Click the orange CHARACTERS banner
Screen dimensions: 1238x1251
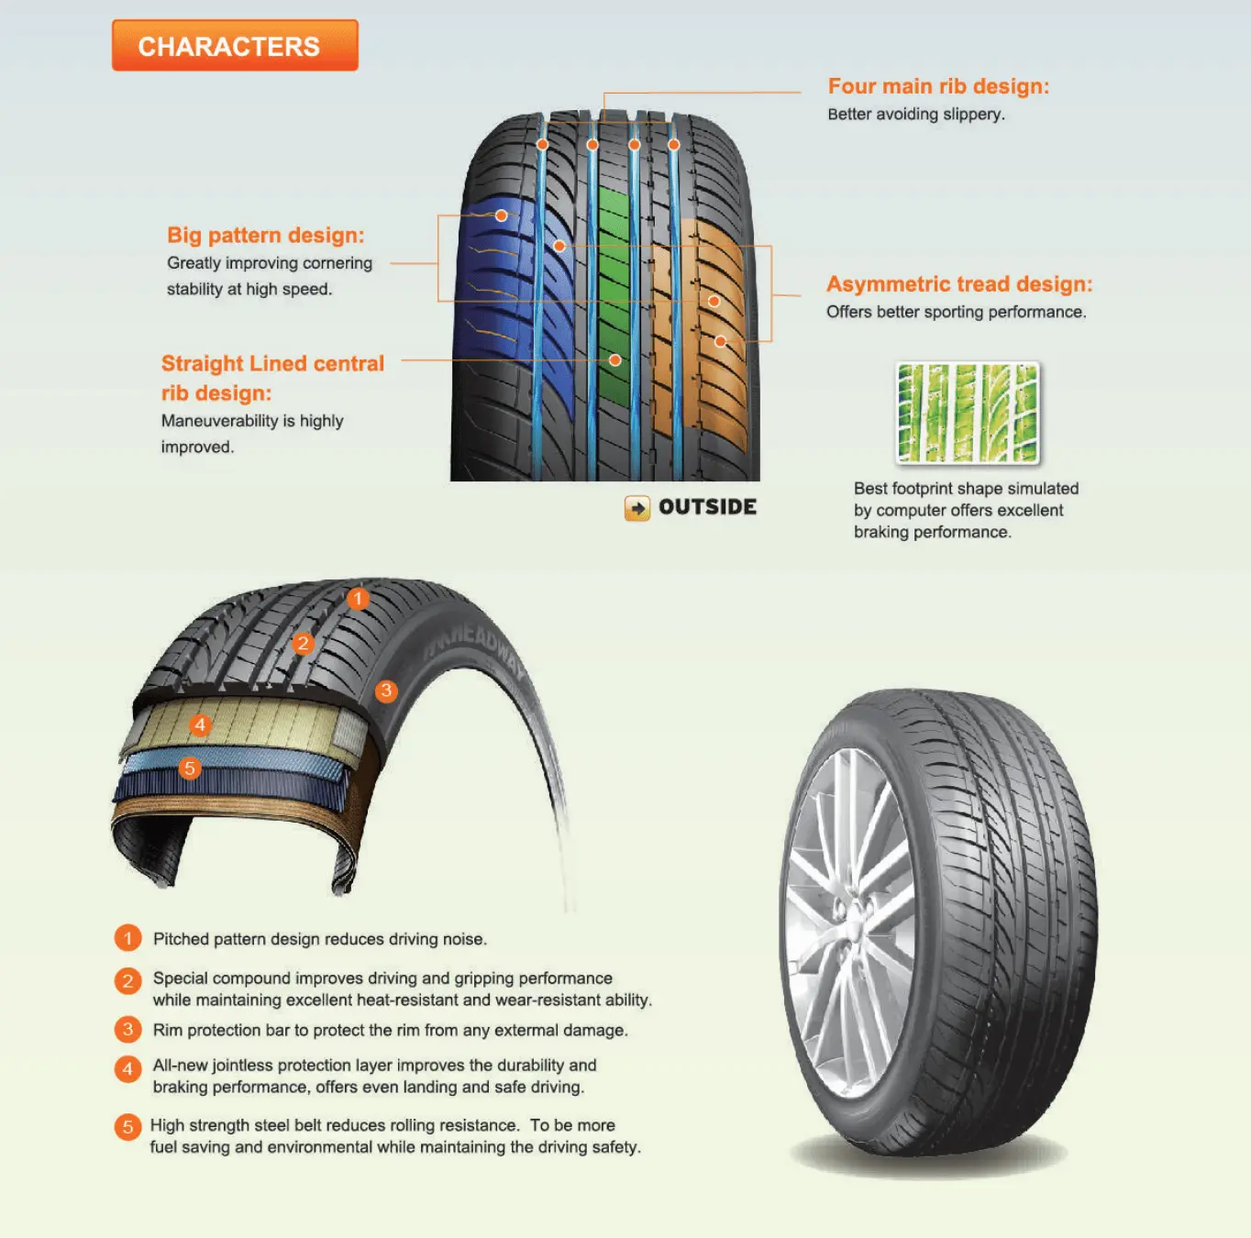(x=235, y=46)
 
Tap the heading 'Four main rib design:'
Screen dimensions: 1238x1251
(x=937, y=86)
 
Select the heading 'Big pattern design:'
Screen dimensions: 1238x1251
(x=265, y=236)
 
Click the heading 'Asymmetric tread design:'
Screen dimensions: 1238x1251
(x=958, y=284)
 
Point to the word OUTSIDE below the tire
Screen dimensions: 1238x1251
(x=707, y=507)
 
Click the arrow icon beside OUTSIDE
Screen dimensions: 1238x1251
(x=637, y=508)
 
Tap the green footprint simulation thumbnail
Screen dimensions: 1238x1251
(x=968, y=413)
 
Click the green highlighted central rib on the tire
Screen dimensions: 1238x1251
(x=614, y=303)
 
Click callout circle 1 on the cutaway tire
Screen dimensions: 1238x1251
(x=358, y=599)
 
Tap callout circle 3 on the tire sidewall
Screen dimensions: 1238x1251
(x=386, y=691)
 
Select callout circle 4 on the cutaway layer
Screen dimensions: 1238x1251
(x=200, y=725)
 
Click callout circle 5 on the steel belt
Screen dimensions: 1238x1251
(x=190, y=768)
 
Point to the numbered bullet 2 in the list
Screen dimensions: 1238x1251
(x=127, y=981)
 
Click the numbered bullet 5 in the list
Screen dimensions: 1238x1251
(x=127, y=1127)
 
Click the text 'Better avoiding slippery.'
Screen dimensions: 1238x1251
(x=915, y=115)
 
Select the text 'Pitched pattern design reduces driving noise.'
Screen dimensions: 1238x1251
(x=319, y=939)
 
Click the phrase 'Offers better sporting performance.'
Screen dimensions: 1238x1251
(x=956, y=312)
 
